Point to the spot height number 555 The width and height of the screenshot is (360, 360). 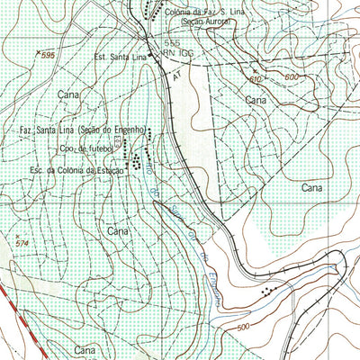click(x=172, y=43)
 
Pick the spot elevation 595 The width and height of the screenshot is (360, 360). click(x=47, y=56)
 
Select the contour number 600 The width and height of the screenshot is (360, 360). click(x=291, y=76)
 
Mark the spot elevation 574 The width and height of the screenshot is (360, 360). click(x=22, y=243)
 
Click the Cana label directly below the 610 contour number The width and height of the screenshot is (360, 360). click(x=258, y=102)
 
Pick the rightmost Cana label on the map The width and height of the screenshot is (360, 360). click(x=312, y=188)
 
